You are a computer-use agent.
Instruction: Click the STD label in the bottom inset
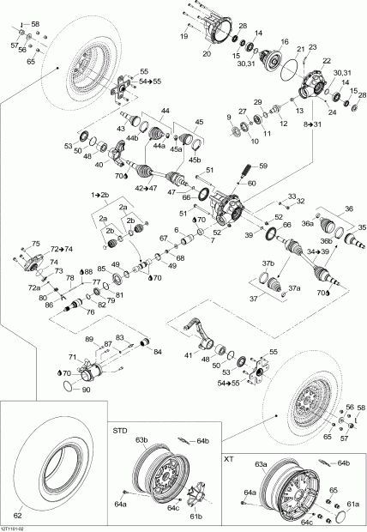(120, 426)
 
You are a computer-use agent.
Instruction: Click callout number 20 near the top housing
(206, 53)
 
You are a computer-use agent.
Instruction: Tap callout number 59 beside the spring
(263, 166)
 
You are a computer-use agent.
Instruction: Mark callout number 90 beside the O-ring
(85, 391)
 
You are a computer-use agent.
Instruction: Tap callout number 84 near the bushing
(157, 351)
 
